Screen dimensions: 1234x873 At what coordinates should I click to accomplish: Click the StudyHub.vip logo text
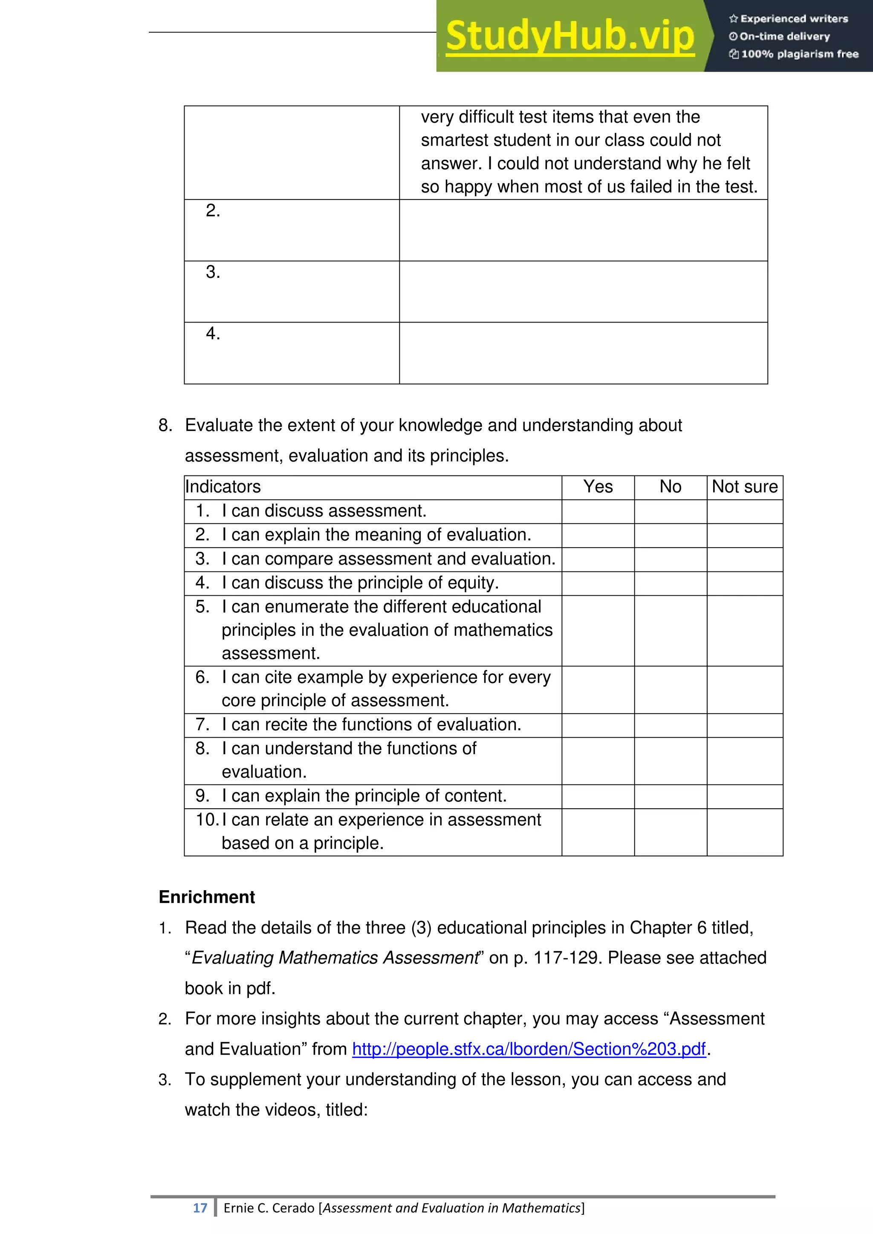[570, 37]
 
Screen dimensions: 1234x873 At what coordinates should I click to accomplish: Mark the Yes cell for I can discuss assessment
[598, 511]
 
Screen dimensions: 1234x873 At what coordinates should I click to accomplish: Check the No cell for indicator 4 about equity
[671, 583]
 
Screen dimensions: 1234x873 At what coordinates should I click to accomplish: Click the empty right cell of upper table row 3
[583, 292]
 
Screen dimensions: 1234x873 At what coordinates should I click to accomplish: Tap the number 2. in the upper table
[213, 210]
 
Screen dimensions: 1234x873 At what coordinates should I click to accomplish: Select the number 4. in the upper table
[213, 334]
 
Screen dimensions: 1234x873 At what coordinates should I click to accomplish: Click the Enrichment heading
[207, 897]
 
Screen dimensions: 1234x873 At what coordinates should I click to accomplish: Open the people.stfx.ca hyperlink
[529, 1049]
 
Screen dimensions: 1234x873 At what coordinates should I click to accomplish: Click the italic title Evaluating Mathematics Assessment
[334, 958]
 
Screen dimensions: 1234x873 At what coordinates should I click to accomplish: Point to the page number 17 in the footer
[200, 1208]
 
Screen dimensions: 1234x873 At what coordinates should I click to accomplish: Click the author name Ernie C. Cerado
[269, 1208]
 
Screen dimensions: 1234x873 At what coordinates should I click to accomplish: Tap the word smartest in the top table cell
[455, 140]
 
